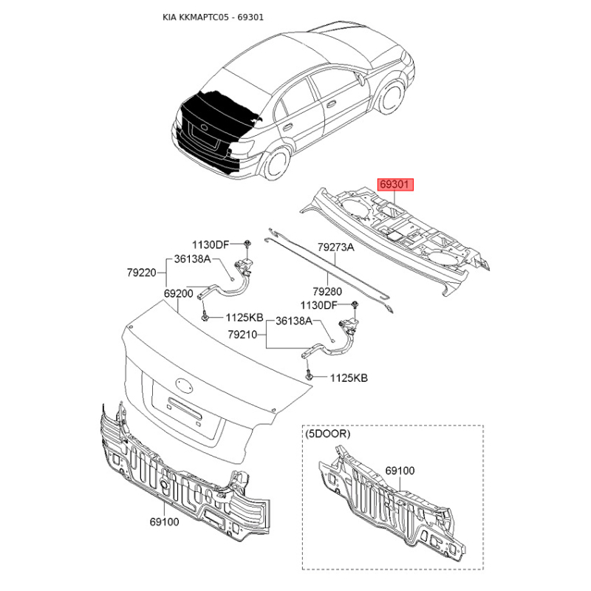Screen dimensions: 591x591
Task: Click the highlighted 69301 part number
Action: click(397, 185)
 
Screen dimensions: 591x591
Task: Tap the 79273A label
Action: click(336, 248)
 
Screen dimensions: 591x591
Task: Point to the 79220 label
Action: click(140, 273)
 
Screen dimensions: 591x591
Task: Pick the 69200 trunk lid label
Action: click(179, 293)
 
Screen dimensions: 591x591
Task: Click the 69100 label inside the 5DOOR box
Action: click(400, 469)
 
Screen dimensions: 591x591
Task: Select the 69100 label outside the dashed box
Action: click(165, 521)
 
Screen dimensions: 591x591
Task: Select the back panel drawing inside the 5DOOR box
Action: click(392, 502)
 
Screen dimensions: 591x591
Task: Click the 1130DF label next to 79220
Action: click(212, 245)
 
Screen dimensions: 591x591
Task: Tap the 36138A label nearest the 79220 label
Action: click(193, 259)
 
